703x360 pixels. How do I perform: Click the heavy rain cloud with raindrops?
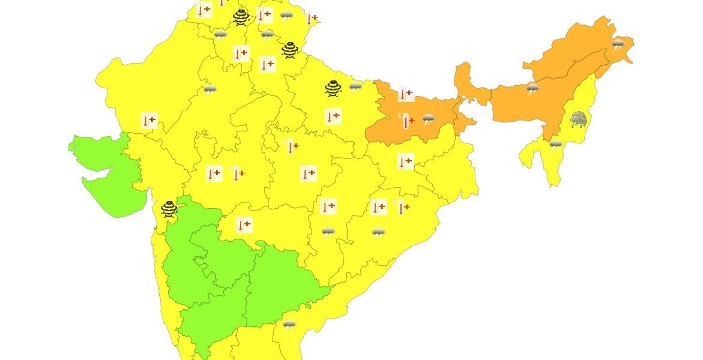tap(579, 119)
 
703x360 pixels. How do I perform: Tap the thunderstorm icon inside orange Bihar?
tap(428, 119)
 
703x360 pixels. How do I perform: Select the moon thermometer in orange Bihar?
tap(406, 121)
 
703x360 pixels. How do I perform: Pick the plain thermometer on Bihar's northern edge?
tap(405, 94)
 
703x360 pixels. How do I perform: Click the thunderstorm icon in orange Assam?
tap(533, 89)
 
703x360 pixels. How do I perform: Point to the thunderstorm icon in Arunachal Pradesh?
tap(618, 44)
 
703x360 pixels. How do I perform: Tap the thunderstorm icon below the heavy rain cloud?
tap(556, 144)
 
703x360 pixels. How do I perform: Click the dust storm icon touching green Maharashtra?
tap(169, 208)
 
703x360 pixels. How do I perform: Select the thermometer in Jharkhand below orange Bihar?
tap(405, 161)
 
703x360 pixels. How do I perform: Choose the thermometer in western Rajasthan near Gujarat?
tap(149, 120)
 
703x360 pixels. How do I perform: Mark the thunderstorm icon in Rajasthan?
tap(210, 90)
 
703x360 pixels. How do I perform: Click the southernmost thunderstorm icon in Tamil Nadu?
tap(289, 325)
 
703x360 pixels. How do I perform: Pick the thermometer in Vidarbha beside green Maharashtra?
tap(244, 225)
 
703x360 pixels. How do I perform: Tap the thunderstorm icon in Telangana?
tap(328, 232)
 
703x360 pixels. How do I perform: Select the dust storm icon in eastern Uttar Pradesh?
tap(333, 88)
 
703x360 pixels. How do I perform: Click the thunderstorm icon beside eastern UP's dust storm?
tap(355, 86)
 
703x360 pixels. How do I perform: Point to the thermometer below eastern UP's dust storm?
tap(332, 116)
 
